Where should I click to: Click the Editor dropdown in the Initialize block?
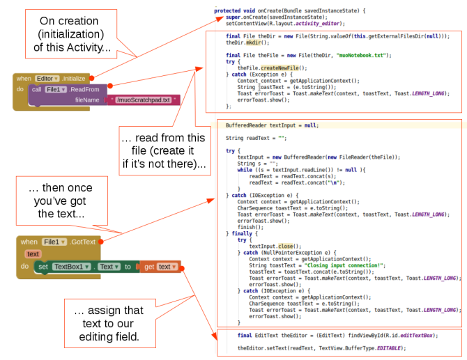point(47,79)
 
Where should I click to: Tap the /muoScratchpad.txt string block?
point(144,100)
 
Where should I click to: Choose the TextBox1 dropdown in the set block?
point(70,267)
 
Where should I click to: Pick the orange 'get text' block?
point(160,267)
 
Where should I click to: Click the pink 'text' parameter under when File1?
point(32,253)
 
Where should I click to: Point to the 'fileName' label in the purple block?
point(88,100)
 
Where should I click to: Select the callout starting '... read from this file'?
point(163,152)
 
